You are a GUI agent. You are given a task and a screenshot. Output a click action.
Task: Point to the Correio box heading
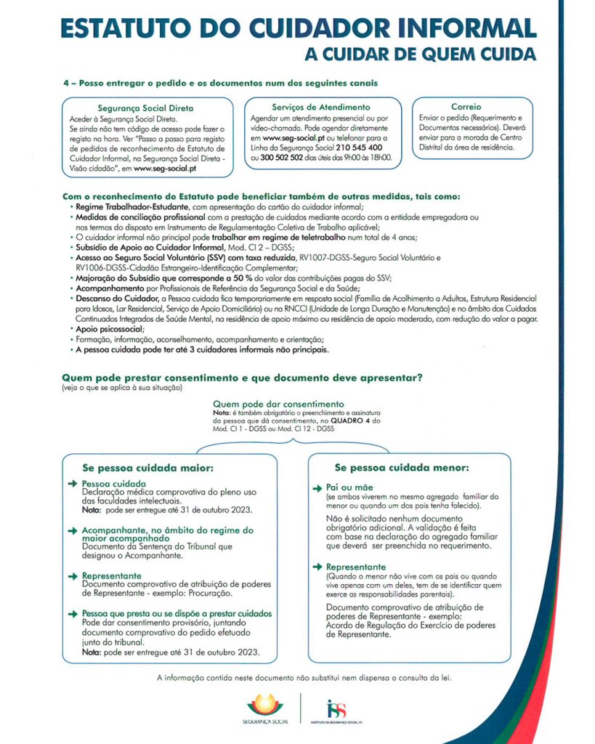(x=466, y=106)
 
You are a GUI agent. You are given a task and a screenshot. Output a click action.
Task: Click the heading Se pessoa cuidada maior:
(x=147, y=468)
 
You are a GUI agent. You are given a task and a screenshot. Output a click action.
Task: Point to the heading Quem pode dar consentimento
(x=278, y=404)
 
